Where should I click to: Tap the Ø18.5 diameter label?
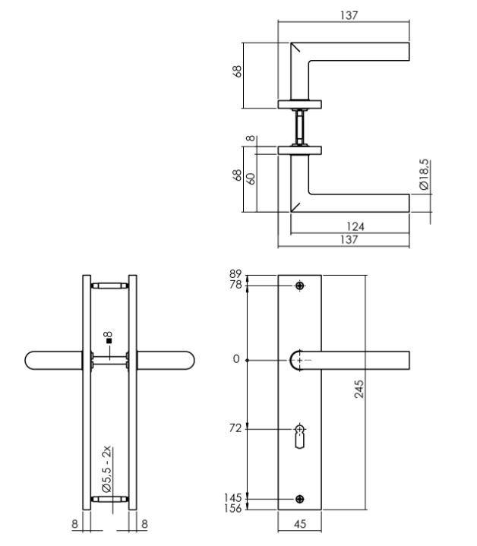pyautogui.click(x=423, y=175)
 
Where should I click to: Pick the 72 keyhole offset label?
pyautogui.click(x=235, y=428)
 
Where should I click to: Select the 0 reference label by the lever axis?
pyautogui.click(x=236, y=358)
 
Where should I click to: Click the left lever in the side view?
pyautogui.click(x=53, y=360)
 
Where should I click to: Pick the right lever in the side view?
pyautogui.click(x=165, y=360)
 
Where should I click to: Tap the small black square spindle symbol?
pyautogui.click(x=109, y=342)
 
